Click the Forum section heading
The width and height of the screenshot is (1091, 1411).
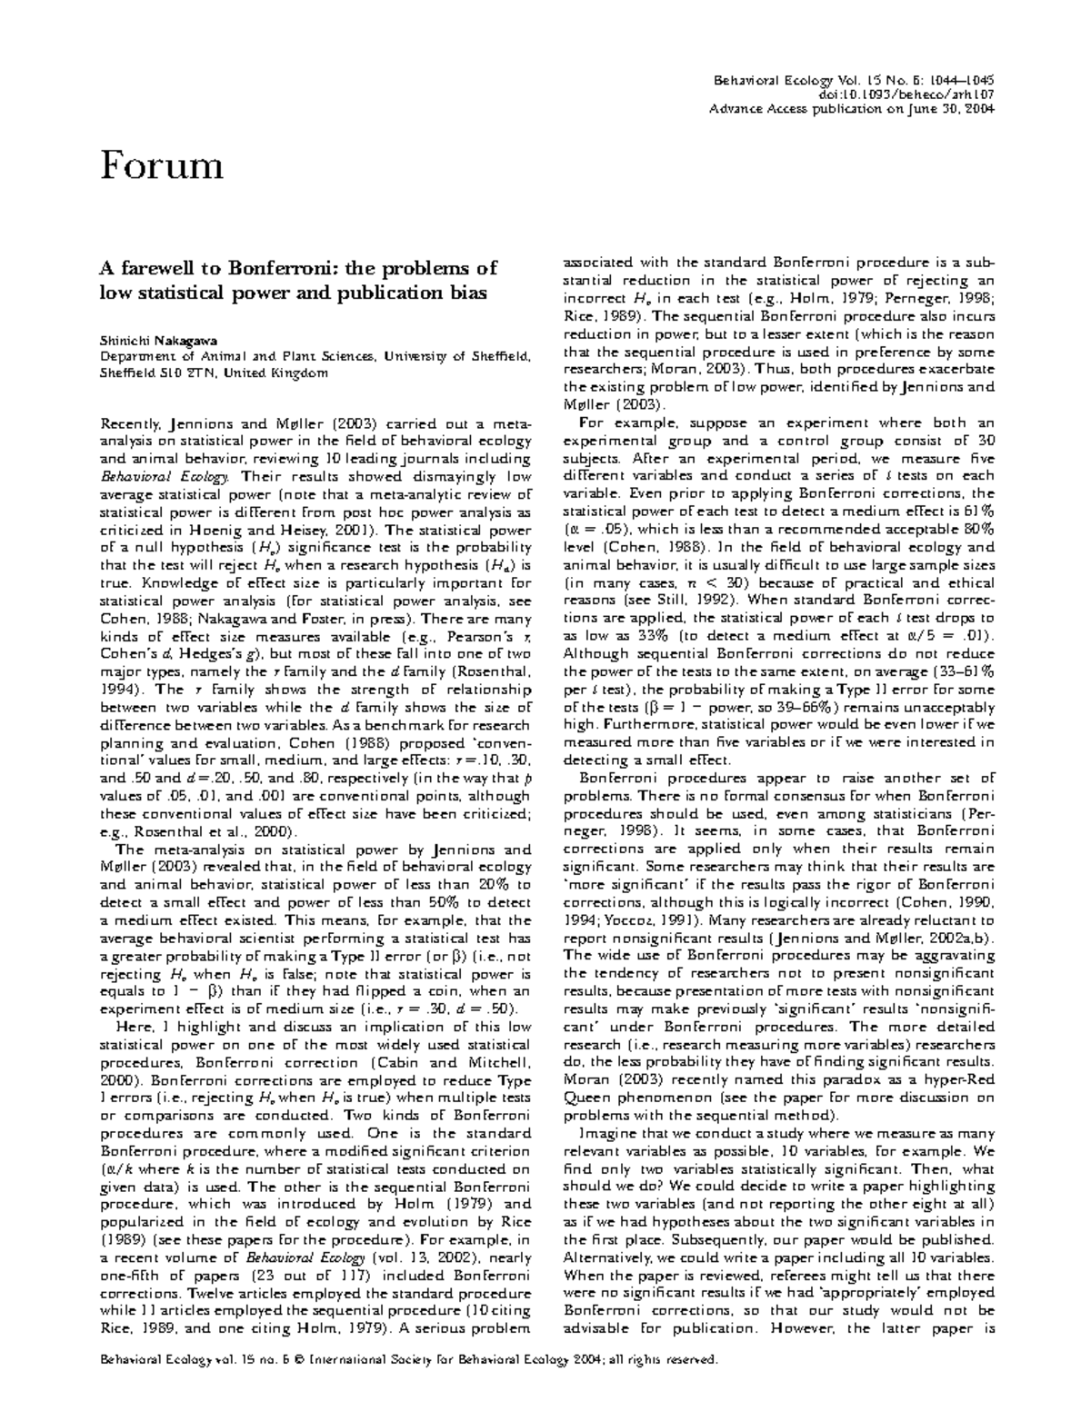click(x=162, y=166)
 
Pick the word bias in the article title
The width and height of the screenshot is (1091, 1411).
click(x=469, y=293)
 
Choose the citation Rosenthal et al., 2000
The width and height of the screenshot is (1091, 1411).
click(x=228, y=830)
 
